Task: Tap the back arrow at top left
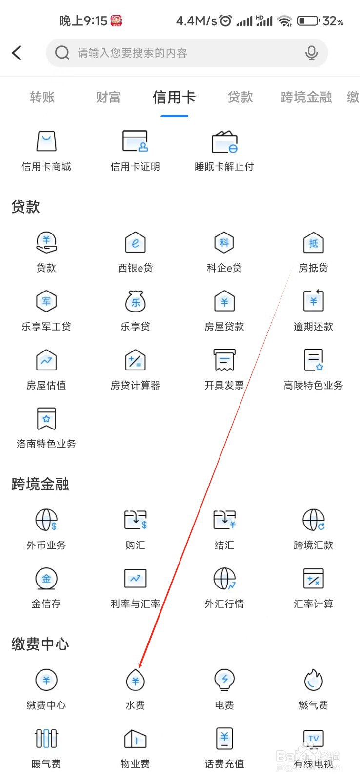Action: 17,53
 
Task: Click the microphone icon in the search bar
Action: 311,53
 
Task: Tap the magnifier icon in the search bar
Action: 62,53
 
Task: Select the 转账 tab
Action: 42,97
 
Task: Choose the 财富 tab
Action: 108,97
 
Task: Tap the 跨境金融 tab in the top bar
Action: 306,97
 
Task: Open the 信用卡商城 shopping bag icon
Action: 46,141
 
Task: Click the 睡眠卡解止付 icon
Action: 224,141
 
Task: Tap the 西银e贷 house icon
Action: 135,242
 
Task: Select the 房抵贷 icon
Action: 313,242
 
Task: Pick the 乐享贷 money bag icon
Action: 135,301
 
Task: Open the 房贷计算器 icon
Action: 135,360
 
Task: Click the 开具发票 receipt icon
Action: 224,360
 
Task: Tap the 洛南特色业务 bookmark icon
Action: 46,419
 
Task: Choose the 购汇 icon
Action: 135,520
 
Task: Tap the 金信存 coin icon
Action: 46,579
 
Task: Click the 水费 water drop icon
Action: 135,680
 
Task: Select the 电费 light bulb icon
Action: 224,680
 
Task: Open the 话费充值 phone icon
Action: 224,739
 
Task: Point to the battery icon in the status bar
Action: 308,21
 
